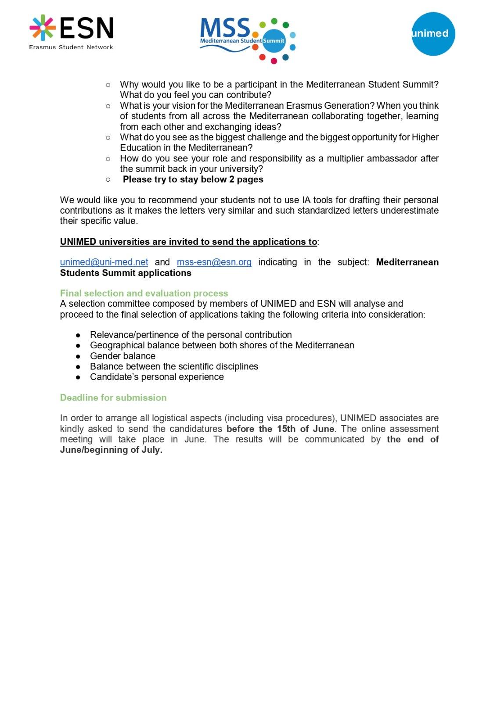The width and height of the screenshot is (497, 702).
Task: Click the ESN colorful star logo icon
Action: tap(43, 27)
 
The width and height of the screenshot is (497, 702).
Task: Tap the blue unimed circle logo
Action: tap(433, 34)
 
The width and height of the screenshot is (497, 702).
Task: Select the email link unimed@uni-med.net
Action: tap(104, 262)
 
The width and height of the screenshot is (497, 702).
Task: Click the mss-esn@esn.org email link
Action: tap(214, 262)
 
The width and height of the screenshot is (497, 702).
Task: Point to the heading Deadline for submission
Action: tap(113, 398)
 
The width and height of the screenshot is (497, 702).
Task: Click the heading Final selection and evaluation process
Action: tap(144, 293)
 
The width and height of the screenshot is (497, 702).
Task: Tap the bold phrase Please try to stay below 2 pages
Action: tap(193, 179)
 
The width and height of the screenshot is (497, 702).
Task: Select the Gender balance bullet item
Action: tap(122, 356)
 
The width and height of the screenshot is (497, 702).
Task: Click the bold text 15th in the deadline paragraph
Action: tap(286, 429)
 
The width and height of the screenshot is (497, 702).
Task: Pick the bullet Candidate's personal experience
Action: tap(157, 377)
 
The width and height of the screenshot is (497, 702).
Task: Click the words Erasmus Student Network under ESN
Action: tap(71, 47)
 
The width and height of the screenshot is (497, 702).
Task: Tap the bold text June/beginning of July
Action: tap(111, 450)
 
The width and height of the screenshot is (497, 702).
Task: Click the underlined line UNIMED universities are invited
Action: tap(188, 242)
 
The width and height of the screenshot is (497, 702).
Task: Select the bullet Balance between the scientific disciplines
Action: tap(174, 366)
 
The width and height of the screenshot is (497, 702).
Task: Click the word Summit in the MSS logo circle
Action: tap(274, 41)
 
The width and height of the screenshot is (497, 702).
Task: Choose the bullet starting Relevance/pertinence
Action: tap(191, 335)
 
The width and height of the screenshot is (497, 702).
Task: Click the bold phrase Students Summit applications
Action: tap(126, 273)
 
